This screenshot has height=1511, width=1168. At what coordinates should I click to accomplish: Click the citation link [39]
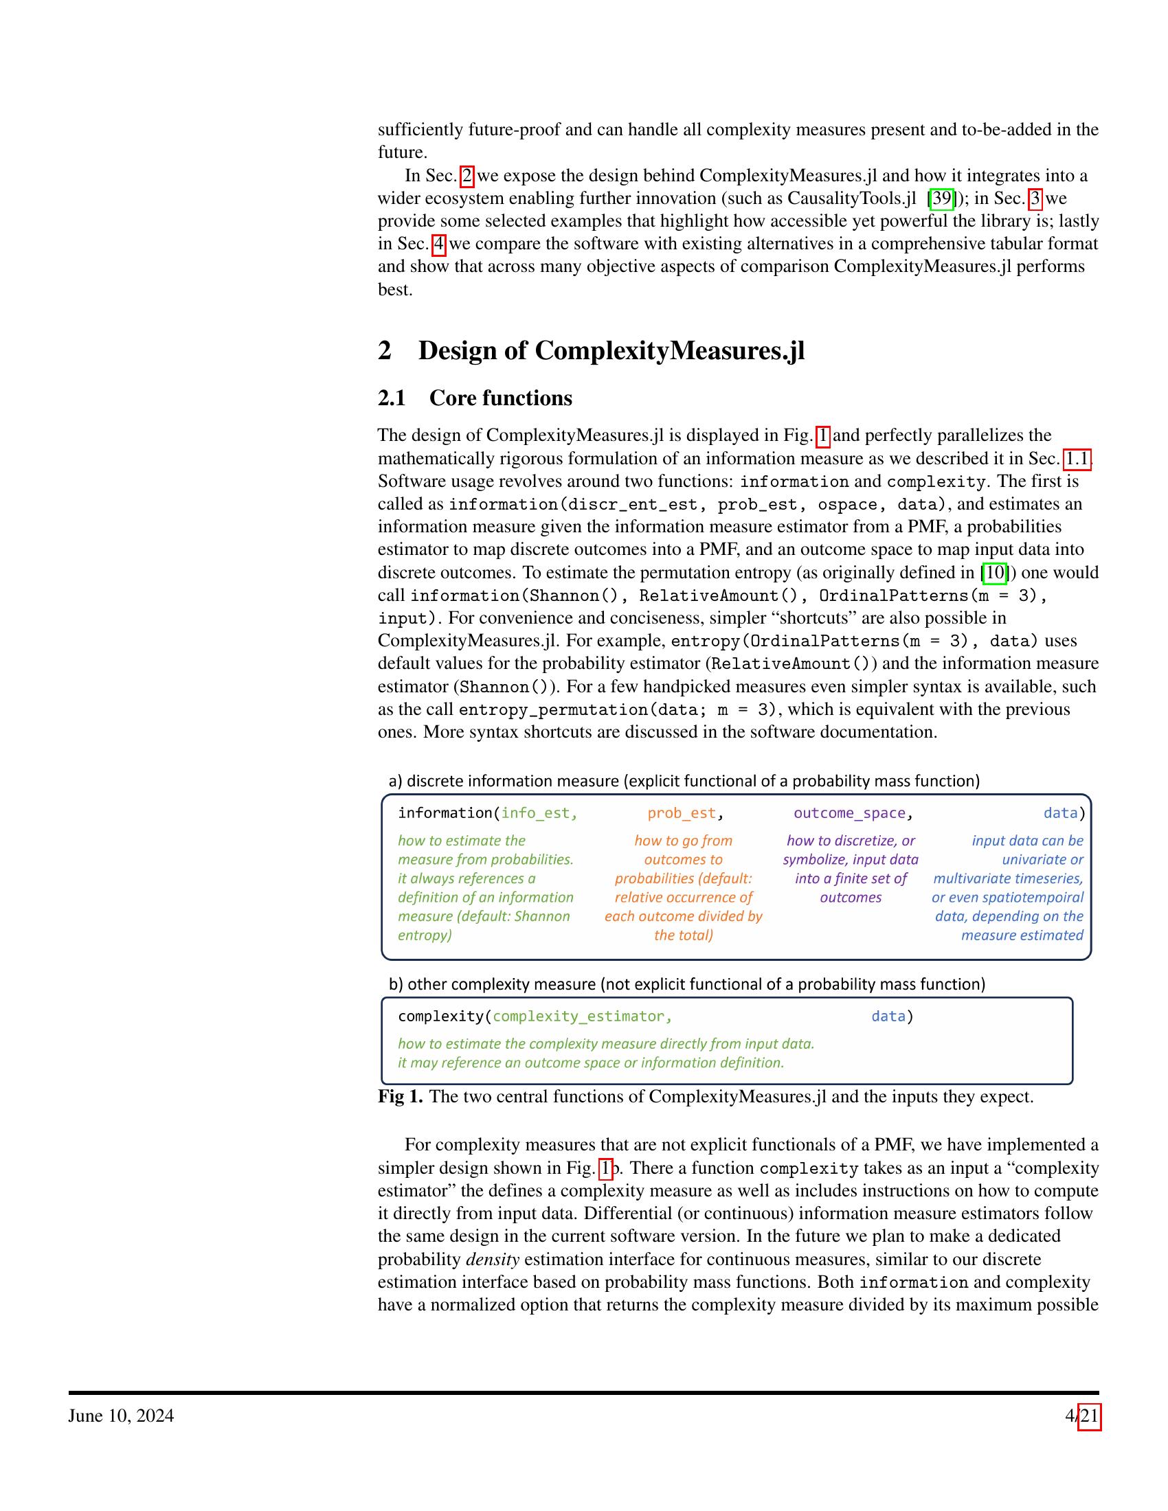(x=941, y=198)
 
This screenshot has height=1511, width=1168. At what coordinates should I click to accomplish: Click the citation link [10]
(x=993, y=573)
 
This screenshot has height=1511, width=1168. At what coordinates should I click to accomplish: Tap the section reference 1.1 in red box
(x=1077, y=459)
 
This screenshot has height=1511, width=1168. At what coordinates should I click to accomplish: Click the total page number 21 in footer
(x=1089, y=1416)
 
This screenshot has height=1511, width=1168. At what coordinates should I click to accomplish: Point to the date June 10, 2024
(x=121, y=1416)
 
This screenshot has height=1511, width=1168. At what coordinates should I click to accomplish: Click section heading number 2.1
(x=392, y=398)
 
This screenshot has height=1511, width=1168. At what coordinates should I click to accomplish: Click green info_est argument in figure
(x=539, y=813)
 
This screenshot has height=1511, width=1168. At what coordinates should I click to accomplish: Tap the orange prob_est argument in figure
(x=682, y=813)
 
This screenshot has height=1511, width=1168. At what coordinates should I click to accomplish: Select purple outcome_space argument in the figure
(x=849, y=813)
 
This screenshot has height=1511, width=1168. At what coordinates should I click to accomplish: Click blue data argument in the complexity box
(x=888, y=1016)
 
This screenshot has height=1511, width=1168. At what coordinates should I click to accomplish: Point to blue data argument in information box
(x=1060, y=813)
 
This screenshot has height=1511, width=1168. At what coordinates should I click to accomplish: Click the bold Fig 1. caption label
(x=400, y=1098)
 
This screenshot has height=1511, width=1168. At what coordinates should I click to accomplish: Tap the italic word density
(x=493, y=1260)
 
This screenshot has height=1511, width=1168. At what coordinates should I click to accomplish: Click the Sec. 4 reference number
(x=439, y=245)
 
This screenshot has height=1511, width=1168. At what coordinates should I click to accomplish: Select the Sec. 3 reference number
(x=1035, y=198)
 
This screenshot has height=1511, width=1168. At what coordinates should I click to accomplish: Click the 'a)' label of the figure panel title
(x=395, y=782)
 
